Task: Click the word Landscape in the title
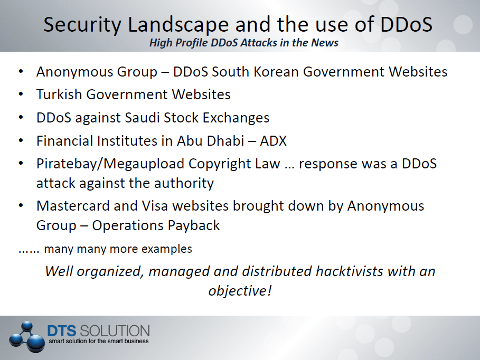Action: pyautogui.click(x=178, y=25)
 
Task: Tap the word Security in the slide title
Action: pyautogui.click(x=82, y=25)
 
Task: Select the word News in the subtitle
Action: pyautogui.click(x=325, y=43)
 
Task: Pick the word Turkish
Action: pyautogui.click(x=59, y=94)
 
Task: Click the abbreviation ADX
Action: pyautogui.click(x=273, y=141)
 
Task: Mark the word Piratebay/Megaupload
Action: pyautogui.click(x=110, y=164)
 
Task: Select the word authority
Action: pyautogui.click(x=184, y=184)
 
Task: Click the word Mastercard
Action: pyautogui.click(x=73, y=206)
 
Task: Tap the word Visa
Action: pyautogui.click(x=155, y=206)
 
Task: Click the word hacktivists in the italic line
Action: pyautogui.click(x=349, y=271)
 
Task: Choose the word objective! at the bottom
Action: pyautogui.click(x=240, y=291)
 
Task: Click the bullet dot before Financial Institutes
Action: pyautogui.click(x=21, y=140)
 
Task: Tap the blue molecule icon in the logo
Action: pyautogui.click(x=25, y=336)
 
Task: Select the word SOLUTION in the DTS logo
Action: pyautogui.click(x=115, y=331)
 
